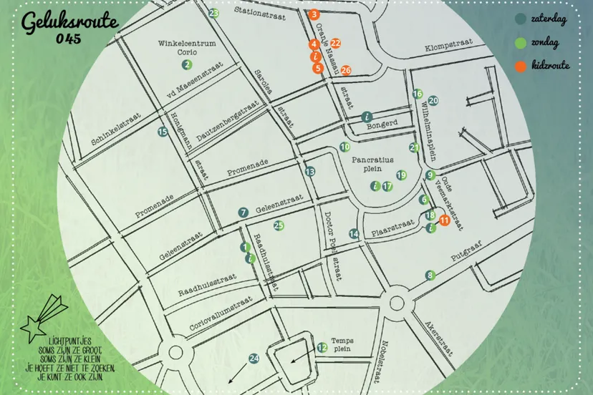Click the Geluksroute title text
[x=69, y=24]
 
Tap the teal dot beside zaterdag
[x=521, y=19]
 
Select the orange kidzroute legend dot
[x=521, y=66]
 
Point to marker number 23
[x=213, y=13]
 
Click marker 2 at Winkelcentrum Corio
[x=186, y=64]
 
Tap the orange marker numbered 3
[x=314, y=14]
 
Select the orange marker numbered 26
[x=346, y=70]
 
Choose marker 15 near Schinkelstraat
[x=163, y=131]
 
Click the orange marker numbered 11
[x=444, y=220]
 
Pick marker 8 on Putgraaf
[x=430, y=275]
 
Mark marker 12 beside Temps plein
[x=322, y=348]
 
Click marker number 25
[x=279, y=225]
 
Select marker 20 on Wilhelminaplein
[x=433, y=101]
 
